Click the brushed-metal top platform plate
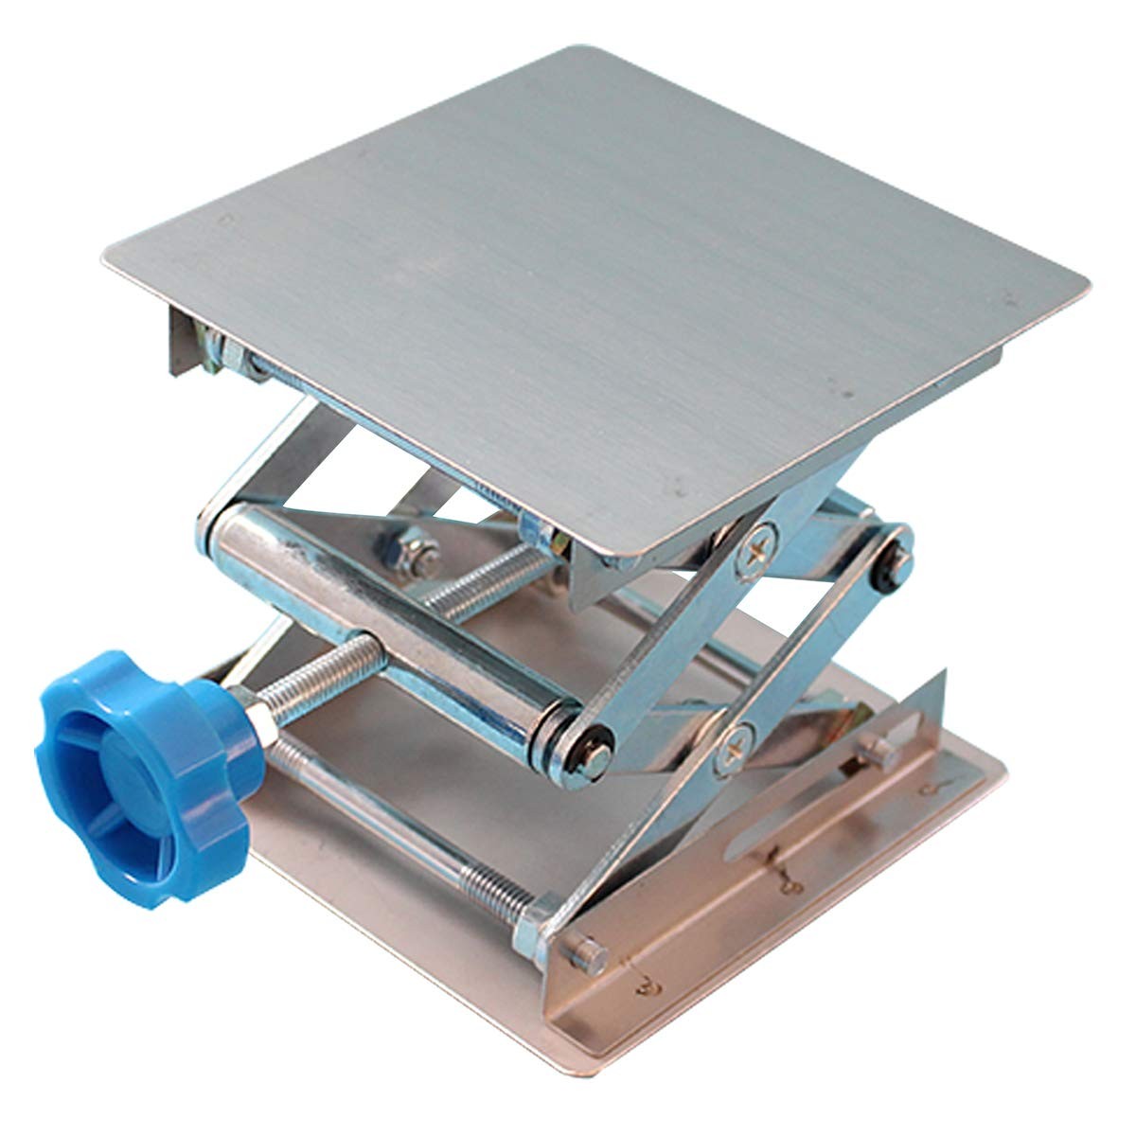(x=606, y=284)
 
